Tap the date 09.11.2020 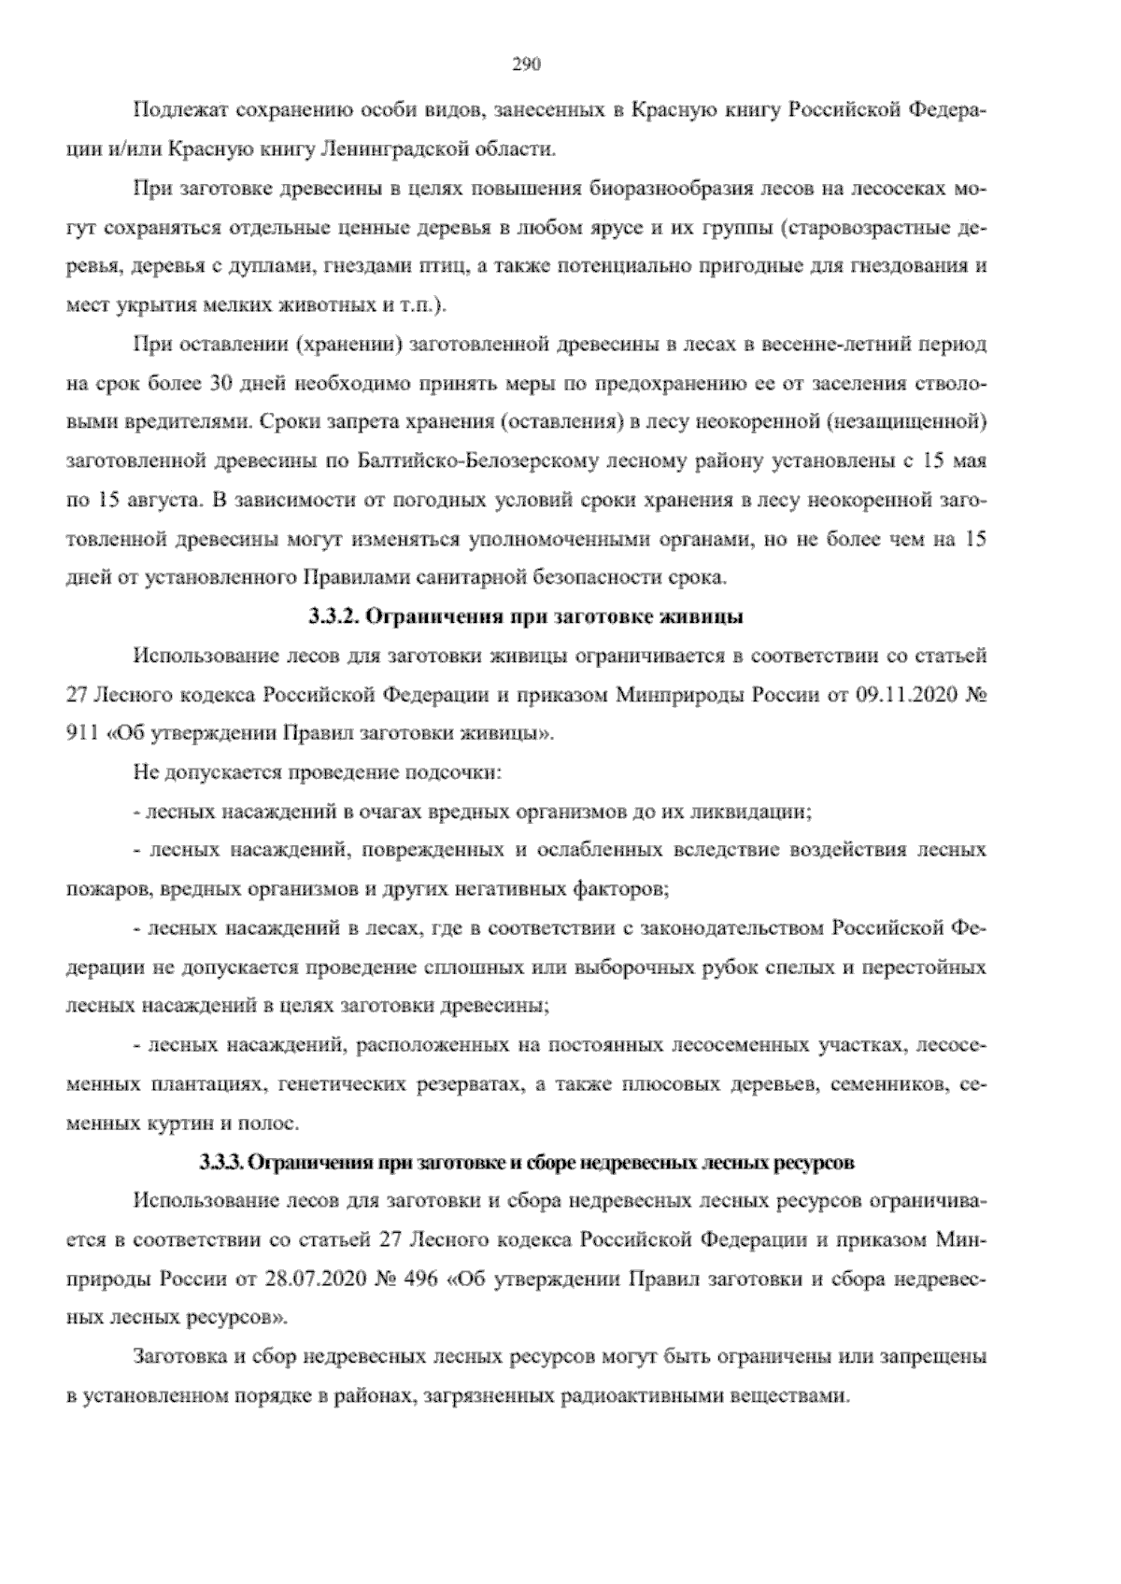pos(898,694)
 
